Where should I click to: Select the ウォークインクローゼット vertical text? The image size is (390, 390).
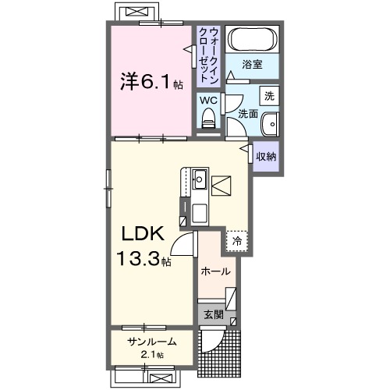tap(209, 55)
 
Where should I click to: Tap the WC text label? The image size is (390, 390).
tap(207, 100)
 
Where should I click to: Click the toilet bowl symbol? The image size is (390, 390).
tap(208, 119)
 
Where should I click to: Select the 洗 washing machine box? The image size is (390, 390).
tap(268, 97)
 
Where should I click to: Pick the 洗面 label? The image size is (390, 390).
tap(248, 114)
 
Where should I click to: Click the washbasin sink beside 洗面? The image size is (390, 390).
tap(269, 125)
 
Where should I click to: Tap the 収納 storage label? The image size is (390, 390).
tap(267, 155)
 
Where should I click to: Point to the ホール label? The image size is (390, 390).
tap(215, 271)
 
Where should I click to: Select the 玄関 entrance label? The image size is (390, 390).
tap(214, 315)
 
